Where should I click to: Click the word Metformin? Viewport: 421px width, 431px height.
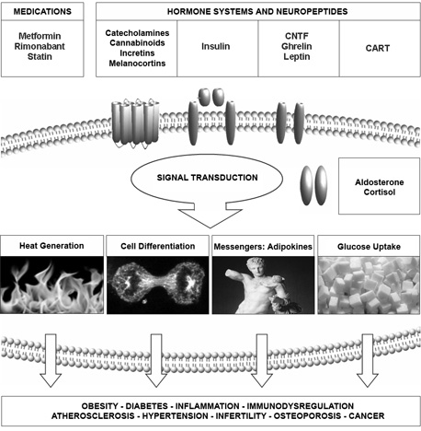(x=40, y=36)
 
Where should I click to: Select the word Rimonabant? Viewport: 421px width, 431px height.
(x=40, y=46)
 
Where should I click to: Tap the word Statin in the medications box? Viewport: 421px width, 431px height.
(x=40, y=56)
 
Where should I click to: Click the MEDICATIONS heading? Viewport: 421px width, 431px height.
(x=42, y=12)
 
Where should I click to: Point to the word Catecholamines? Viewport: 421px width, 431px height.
(x=137, y=33)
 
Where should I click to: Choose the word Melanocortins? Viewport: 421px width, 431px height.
(x=137, y=64)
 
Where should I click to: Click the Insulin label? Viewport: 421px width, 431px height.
(x=215, y=46)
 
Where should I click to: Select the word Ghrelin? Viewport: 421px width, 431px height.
(x=297, y=46)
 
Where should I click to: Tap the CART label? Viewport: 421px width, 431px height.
(x=378, y=48)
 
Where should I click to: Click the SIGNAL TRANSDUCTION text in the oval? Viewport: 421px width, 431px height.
(x=207, y=178)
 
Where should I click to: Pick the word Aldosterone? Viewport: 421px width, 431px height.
(x=380, y=182)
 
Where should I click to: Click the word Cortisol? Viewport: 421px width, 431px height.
(x=380, y=192)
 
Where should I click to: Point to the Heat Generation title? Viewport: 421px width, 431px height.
(x=51, y=246)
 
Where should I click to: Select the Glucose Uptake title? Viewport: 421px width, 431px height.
(x=369, y=247)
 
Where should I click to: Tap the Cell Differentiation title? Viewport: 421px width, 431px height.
(x=157, y=246)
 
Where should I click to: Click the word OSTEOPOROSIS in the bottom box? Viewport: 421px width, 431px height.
(x=307, y=416)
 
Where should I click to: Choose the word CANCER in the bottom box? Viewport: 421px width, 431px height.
(x=367, y=416)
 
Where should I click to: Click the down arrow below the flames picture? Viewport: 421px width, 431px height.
(x=51, y=360)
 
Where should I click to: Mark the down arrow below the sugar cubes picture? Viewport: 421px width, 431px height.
(x=368, y=360)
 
